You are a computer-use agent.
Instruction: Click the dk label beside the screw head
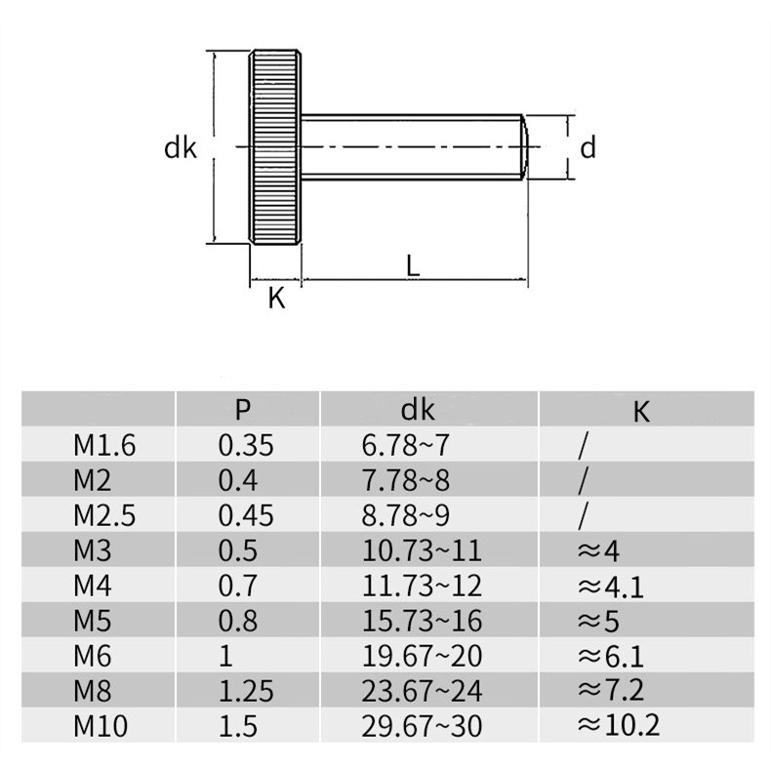[181, 148]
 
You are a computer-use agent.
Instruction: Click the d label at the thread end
[588, 148]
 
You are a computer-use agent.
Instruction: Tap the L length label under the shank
[414, 266]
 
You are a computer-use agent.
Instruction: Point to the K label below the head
[276, 300]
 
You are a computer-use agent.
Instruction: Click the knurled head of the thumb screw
[276, 148]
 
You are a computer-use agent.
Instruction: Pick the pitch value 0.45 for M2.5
[246, 515]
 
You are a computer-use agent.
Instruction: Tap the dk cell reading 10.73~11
[422, 550]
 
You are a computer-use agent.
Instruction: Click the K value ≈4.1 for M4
[611, 586]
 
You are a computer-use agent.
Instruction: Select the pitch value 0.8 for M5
[237, 621]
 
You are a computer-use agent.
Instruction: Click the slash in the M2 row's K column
[583, 480]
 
